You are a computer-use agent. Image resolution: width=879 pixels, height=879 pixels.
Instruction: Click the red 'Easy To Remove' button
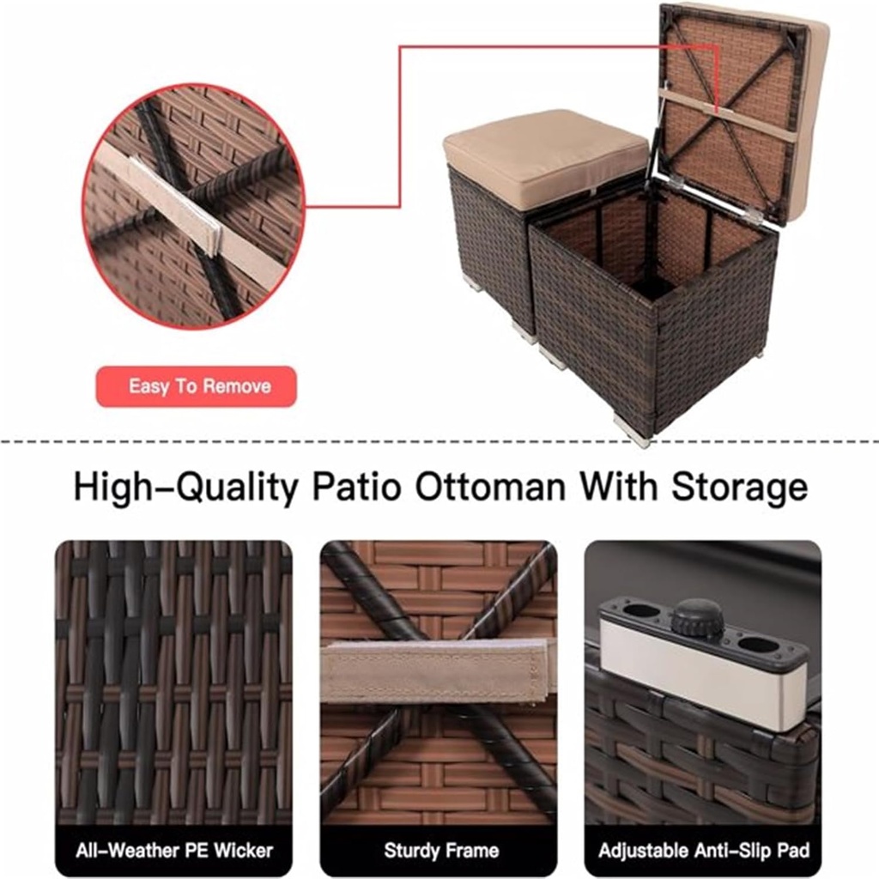coord(197,386)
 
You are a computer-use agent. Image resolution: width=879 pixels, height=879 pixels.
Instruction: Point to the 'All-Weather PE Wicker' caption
coord(173,851)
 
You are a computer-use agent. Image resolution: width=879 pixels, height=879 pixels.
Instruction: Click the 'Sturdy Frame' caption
coord(441,851)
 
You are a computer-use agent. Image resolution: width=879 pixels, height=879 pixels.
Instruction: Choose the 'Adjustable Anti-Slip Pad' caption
coord(703,851)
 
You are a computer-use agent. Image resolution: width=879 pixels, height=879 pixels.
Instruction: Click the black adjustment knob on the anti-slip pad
coord(697,617)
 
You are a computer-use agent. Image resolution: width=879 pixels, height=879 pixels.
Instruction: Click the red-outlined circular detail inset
coord(194,206)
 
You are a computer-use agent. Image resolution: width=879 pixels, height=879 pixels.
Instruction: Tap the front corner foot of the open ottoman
coord(633,430)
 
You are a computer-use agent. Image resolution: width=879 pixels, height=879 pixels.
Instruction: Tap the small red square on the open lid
coord(718,107)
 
